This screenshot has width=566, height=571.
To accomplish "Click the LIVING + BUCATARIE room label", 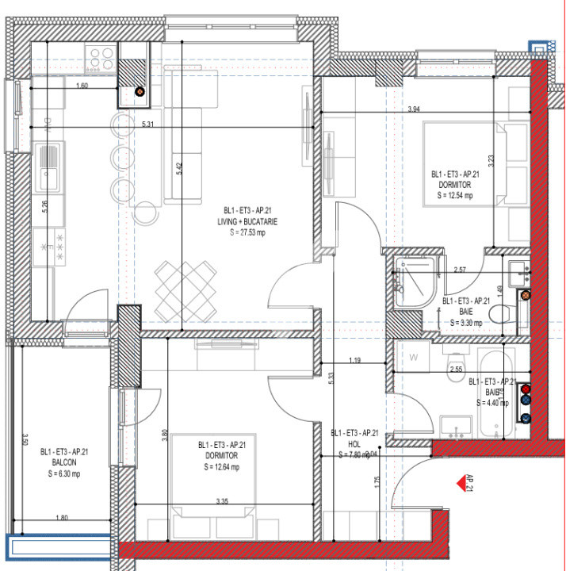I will pyautogui.click(x=250, y=221).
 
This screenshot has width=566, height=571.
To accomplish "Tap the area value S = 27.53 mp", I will pyautogui.click(x=250, y=232).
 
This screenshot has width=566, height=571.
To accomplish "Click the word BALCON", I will pyautogui.click(x=64, y=463).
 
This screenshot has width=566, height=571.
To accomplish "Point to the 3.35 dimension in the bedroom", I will pyautogui.click(x=228, y=500).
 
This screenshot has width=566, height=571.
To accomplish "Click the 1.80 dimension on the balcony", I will pyautogui.click(x=62, y=518).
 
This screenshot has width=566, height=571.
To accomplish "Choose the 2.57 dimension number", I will pyautogui.click(x=460, y=270).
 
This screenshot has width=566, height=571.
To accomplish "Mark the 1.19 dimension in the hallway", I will pyautogui.click(x=354, y=362).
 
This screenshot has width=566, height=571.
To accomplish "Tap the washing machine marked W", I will pyautogui.click(x=413, y=357).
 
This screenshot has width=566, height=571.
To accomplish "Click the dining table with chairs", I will pyautogui.click(x=185, y=288).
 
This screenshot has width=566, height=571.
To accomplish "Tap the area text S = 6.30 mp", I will pyautogui.click(x=64, y=474).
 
